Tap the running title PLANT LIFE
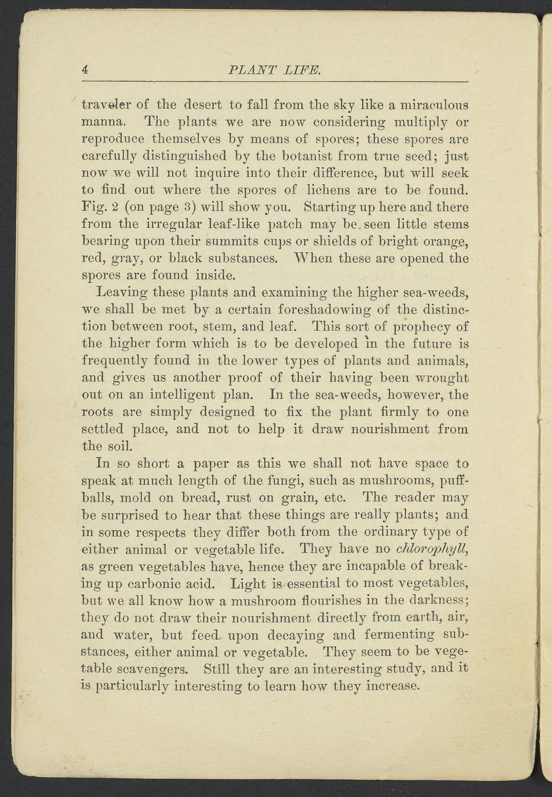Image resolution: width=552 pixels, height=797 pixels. tap(275, 71)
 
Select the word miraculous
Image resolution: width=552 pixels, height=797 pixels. tap(434, 105)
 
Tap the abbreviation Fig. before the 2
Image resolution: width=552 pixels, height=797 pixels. tap(91, 207)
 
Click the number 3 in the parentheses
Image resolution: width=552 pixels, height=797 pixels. tap(186, 207)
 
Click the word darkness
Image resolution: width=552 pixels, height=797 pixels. tap(438, 601)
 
